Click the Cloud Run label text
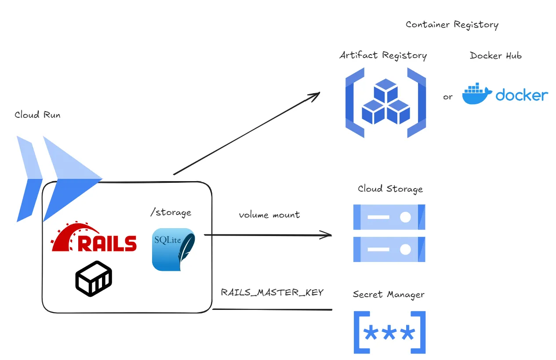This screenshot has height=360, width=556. [x=37, y=115]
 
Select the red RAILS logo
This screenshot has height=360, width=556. [x=94, y=239]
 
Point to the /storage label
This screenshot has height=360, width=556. [x=171, y=213]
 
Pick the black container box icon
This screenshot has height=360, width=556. [x=94, y=278]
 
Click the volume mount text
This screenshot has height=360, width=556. [x=269, y=215]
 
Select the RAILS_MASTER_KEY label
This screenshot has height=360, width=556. [x=272, y=292]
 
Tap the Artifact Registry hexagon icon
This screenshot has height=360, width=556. [x=385, y=102]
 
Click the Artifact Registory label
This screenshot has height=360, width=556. [x=383, y=55]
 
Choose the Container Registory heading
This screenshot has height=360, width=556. [x=452, y=25]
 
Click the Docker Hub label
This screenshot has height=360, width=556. [x=495, y=55]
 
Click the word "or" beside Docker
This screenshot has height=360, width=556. [x=447, y=97]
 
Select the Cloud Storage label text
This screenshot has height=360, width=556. [x=390, y=189]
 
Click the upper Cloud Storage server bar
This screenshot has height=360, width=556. [x=389, y=217]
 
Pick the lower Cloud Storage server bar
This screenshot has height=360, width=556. [x=389, y=249]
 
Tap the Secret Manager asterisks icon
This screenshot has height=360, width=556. [x=389, y=333]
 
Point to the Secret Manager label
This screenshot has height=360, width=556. [x=389, y=295]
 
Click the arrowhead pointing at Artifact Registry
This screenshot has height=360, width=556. [x=316, y=95]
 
